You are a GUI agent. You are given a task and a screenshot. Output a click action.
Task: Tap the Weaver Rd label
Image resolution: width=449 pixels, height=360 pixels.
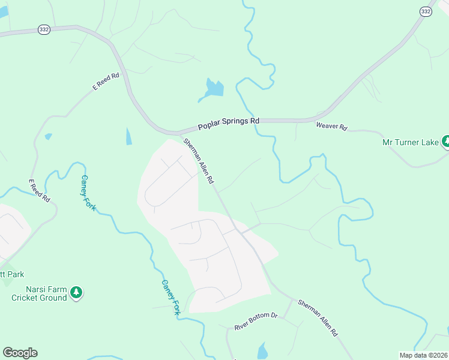pos(331,127)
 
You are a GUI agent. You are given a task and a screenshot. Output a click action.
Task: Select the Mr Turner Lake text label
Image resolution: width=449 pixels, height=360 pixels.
pos(410,142)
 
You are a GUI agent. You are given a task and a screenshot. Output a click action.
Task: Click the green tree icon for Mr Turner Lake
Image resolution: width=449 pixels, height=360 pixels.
pos(446,142)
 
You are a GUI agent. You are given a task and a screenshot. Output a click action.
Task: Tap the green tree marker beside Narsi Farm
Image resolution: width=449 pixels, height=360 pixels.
pos(76,292)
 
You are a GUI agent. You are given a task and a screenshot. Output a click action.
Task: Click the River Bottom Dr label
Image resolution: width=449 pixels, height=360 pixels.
pos(256,321)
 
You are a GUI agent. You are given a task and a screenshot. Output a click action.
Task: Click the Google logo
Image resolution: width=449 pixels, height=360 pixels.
pos(20,353)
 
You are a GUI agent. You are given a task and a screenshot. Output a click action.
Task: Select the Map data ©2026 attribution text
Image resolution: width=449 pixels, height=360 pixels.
pos(423,355)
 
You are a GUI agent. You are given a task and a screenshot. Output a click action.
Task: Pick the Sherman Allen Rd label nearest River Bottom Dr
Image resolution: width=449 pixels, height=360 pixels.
pos(318,317)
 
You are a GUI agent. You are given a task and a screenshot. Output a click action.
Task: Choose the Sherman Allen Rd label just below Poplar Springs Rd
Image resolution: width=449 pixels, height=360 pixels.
pos(199,161)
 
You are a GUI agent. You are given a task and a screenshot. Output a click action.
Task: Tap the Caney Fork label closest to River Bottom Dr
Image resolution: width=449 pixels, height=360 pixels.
pos(170,297)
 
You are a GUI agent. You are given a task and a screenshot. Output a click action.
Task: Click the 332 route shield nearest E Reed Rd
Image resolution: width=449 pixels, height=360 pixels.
pos(43,29)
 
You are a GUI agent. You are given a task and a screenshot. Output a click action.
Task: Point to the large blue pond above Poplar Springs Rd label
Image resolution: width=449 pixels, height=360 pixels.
pos(213,89)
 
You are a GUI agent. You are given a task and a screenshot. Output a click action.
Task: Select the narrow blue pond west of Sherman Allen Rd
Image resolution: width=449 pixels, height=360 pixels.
pos(128,136)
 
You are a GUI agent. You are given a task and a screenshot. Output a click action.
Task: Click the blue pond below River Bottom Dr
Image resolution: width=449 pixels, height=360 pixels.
pos(262,351)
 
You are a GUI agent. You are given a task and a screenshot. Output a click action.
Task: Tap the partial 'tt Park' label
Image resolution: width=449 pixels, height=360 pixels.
pos(12,274)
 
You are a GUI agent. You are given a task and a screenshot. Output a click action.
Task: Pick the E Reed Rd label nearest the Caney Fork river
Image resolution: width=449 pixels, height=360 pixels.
pos(40,190)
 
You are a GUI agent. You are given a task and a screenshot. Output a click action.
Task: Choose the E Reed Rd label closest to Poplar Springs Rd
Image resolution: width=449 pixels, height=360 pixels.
pos(106,82)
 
